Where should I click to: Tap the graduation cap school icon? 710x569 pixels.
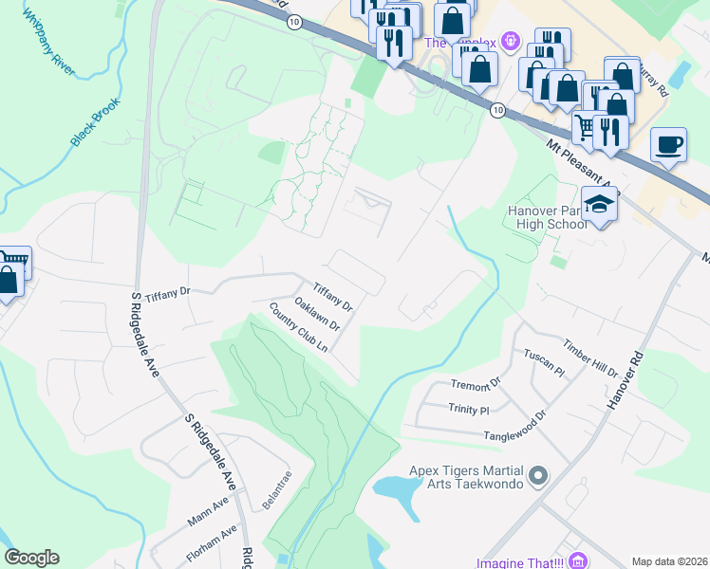pos(599,205)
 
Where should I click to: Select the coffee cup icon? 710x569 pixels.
pos(670,144)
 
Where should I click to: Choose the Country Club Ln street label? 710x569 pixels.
pos(297,328)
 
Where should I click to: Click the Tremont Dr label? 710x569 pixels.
pos(475,384)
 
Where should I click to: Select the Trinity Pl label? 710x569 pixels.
pos(468,410)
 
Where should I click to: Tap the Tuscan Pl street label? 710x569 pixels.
pos(544,362)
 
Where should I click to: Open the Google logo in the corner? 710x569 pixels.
pos(31,558)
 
